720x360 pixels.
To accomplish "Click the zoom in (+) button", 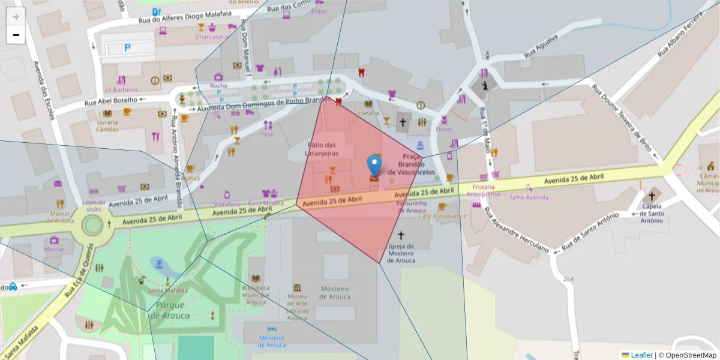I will click(x=16, y=17).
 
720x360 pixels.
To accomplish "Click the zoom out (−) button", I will click(x=16, y=35).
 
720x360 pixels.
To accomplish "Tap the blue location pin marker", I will click(x=374, y=164).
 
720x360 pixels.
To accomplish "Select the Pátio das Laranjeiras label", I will click(x=323, y=149).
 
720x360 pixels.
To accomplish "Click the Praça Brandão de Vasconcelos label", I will click(x=411, y=164).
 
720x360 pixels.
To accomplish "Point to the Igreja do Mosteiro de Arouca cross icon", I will click(x=401, y=236).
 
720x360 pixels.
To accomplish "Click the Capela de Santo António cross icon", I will click(x=651, y=196).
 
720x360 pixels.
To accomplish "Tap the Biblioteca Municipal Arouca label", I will click(x=256, y=292).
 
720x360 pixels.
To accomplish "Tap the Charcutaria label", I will click(x=211, y=37).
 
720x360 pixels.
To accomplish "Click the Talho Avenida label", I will click(x=528, y=197).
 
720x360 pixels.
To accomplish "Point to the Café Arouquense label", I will click(x=442, y=216).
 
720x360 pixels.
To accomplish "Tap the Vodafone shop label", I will click(x=227, y=204).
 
